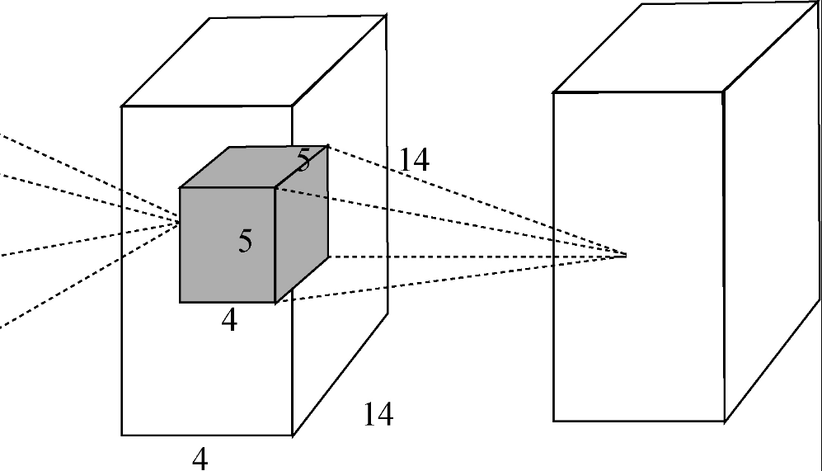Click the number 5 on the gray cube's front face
click(245, 241)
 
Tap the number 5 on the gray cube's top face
click(304, 159)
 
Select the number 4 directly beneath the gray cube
click(229, 319)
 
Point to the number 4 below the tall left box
click(200, 459)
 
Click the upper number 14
click(414, 159)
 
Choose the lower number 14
click(378, 414)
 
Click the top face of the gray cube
click(254, 167)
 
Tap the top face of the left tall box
click(254, 61)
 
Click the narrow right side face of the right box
click(772, 210)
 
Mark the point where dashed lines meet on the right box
click(626, 256)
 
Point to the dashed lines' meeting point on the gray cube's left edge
click(180, 224)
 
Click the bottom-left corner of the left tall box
click(122, 435)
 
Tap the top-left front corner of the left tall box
click(122, 106)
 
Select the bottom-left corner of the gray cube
click(181, 302)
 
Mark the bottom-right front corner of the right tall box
click(725, 421)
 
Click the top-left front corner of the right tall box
click(554, 93)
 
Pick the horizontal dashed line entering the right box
click(477, 257)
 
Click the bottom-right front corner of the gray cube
click(275, 302)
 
